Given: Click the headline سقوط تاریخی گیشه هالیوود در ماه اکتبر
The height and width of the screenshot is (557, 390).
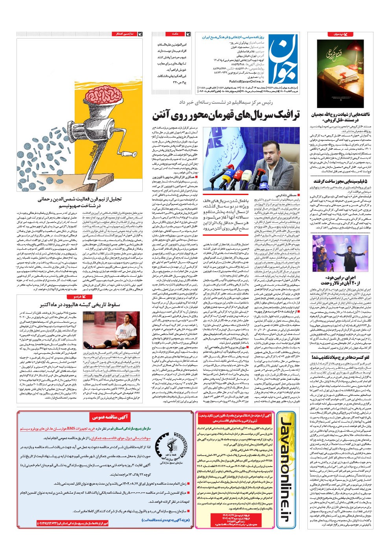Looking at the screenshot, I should (85, 305).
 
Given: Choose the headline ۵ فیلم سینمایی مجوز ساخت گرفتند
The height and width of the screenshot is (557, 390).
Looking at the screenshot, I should (340, 181).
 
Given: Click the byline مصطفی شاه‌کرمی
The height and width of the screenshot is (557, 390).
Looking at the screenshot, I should (287, 195).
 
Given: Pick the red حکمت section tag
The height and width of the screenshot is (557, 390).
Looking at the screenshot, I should (175, 34).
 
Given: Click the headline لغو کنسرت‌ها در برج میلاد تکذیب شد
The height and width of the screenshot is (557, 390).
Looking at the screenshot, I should (340, 357).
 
